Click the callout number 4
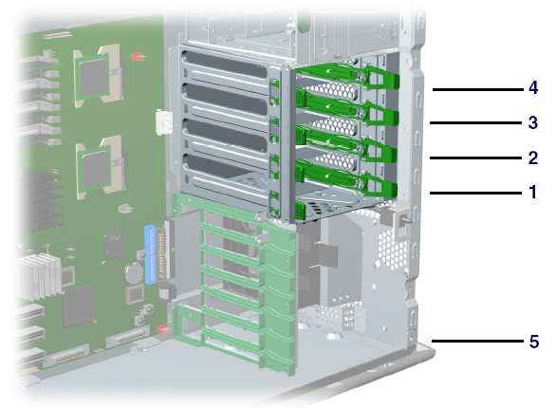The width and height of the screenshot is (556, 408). [x=533, y=87]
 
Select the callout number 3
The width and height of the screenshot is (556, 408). [x=533, y=122]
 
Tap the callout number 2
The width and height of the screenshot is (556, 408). [x=533, y=158]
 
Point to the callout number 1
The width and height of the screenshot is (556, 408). [x=533, y=192]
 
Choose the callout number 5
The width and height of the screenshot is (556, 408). [x=534, y=342]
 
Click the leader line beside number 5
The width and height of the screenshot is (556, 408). [x=477, y=342]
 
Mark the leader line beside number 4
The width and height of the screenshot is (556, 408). [x=478, y=90]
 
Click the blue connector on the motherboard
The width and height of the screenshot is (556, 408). [x=151, y=254]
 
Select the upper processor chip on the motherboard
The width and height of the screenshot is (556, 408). [x=93, y=77]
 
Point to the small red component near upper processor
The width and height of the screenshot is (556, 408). [x=138, y=56]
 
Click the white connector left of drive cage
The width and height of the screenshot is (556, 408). [x=163, y=122]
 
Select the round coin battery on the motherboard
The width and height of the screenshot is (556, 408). [x=134, y=272]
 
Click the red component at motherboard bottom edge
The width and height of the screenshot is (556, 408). [x=162, y=329]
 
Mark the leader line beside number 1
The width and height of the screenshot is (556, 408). [x=476, y=193]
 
